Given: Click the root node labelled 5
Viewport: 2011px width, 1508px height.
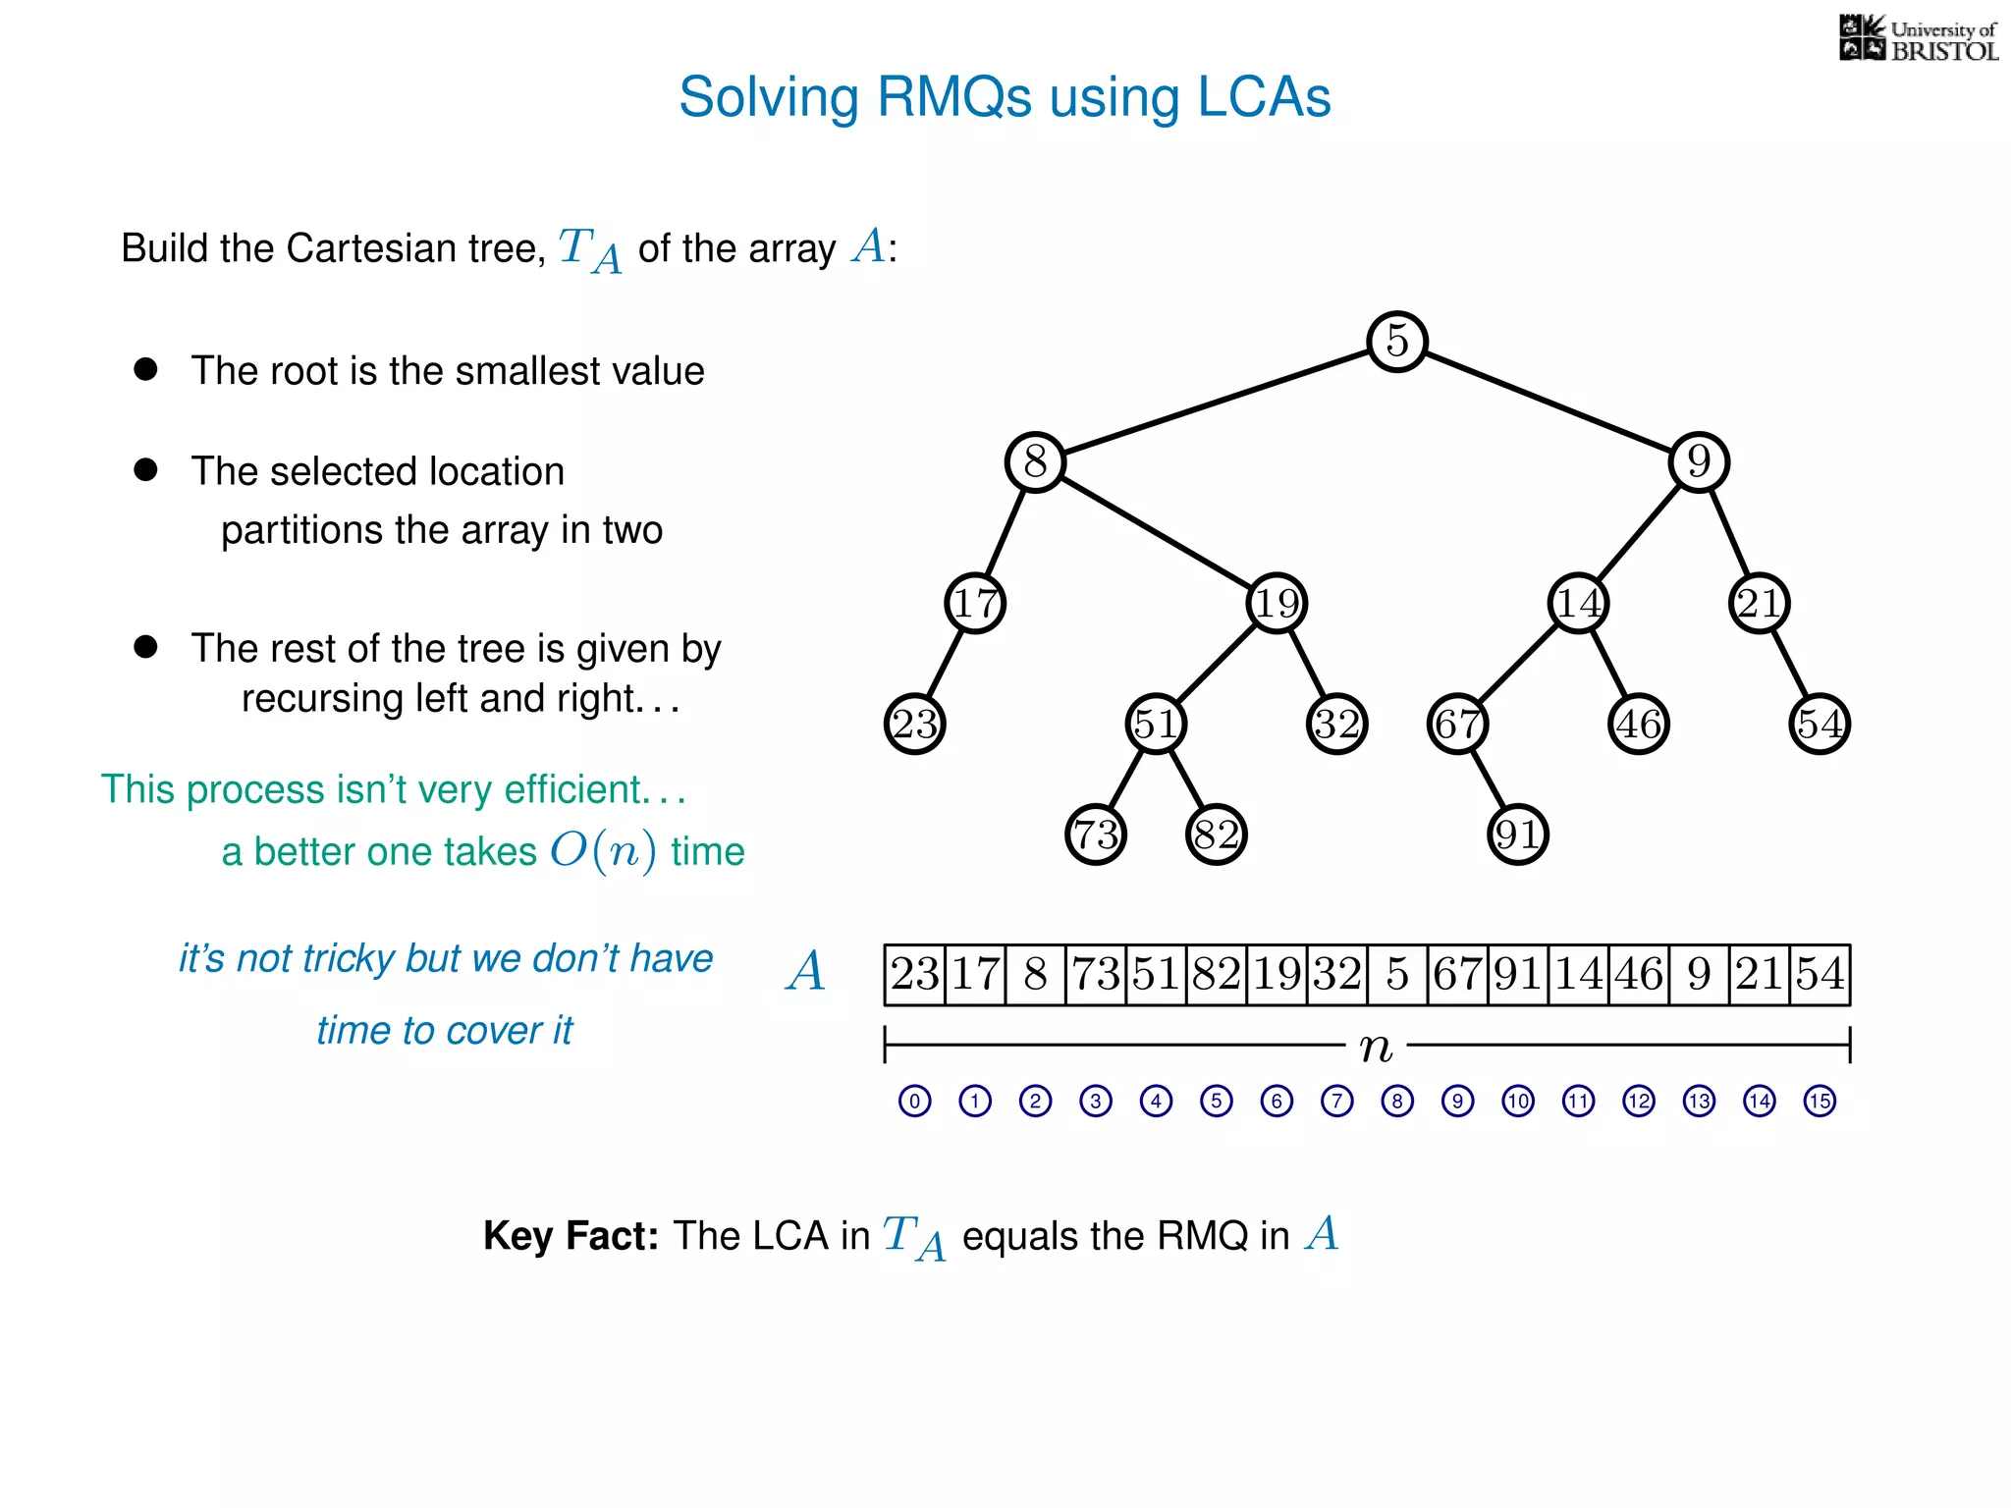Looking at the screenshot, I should (x=1396, y=342).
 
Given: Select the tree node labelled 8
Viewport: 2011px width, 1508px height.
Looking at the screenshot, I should (x=1035, y=461).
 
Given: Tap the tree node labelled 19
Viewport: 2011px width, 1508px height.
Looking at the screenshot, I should (x=1277, y=603).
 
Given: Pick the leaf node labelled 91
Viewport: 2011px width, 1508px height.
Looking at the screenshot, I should (x=1517, y=835).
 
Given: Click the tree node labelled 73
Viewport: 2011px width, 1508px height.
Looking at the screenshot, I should (x=1095, y=835).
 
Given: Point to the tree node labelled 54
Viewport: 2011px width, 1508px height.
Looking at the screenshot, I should (x=1820, y=724).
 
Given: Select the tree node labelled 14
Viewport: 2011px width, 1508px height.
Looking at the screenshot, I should (x=1578, y=603).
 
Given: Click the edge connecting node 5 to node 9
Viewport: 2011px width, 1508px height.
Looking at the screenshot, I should (x=1548, y=402).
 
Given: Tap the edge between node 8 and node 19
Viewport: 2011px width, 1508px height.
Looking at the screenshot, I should (x=1156, y=532).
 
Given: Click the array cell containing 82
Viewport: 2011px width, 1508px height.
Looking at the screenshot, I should (x=1216, y=975).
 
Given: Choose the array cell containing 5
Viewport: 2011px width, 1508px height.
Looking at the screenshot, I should (x=1396, y=975).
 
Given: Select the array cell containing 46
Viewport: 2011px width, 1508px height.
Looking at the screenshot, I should (x=1638, y=975).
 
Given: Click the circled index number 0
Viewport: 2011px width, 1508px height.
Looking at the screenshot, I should (x=914, y=1101).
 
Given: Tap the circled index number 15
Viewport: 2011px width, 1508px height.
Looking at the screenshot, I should (x=1820, y=1101).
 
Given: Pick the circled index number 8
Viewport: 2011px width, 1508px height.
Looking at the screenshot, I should (x=1396, y=1101).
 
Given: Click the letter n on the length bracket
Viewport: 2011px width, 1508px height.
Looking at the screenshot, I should (x=1376, y=1047).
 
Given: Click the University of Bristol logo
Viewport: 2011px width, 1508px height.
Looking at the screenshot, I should (x=1918, y=39).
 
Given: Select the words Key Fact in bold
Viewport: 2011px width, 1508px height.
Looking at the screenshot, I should (x=571, y=1235).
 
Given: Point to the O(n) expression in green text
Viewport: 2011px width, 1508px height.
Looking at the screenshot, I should (x=603, y=850).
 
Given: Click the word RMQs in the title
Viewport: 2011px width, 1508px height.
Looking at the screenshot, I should (x=953, y=97).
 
